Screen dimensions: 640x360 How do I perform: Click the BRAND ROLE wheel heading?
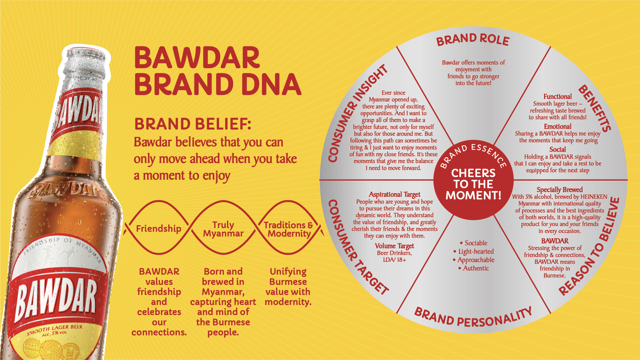(473, 40)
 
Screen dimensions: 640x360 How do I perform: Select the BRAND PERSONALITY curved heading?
(473, 318)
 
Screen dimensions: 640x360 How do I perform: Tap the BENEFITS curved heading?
(595, 108)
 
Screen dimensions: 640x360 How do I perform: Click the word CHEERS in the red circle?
(473, 173)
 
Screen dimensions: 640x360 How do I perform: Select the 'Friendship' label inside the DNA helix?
(159, 229)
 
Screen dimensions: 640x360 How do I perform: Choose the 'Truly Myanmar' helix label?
(223, 229)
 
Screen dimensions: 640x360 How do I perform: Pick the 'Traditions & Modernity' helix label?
(289, 229)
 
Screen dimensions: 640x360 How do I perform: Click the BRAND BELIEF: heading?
(193, 124)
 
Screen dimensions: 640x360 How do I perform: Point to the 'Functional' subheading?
(558, 97)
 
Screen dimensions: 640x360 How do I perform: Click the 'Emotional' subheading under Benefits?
(558, 127)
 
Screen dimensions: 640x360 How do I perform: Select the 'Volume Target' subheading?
(394, 246)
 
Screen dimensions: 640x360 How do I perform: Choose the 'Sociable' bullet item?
(474, 243)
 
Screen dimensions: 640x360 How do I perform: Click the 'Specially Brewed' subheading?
(560, 190)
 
